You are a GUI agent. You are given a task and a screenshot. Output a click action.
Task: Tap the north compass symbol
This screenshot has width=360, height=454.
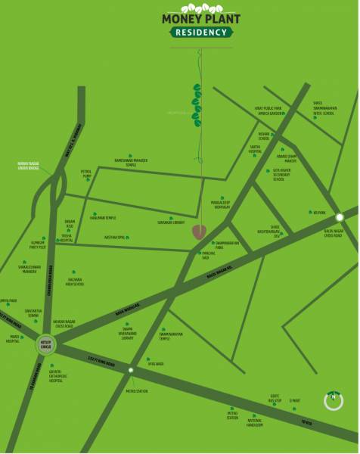(x=333, y=400)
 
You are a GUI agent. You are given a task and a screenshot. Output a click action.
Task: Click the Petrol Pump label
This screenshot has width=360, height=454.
(x=85, y=174)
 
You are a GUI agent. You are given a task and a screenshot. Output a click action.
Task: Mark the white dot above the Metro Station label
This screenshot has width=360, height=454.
(x=131, y=370)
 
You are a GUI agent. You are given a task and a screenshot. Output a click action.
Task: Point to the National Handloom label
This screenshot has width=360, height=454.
(x=255, y=424)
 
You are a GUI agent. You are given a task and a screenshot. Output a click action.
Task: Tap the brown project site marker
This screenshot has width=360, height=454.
(x=200, y=232)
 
